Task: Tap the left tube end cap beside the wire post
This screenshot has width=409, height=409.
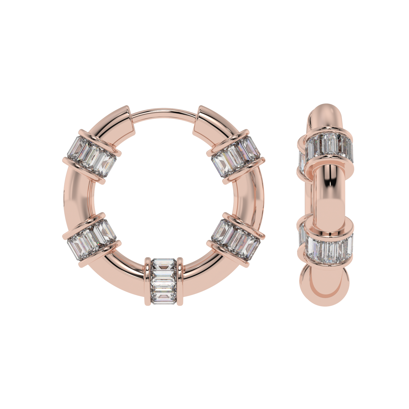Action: click(126, 119)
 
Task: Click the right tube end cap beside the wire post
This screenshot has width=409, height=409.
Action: click(202, 119)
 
